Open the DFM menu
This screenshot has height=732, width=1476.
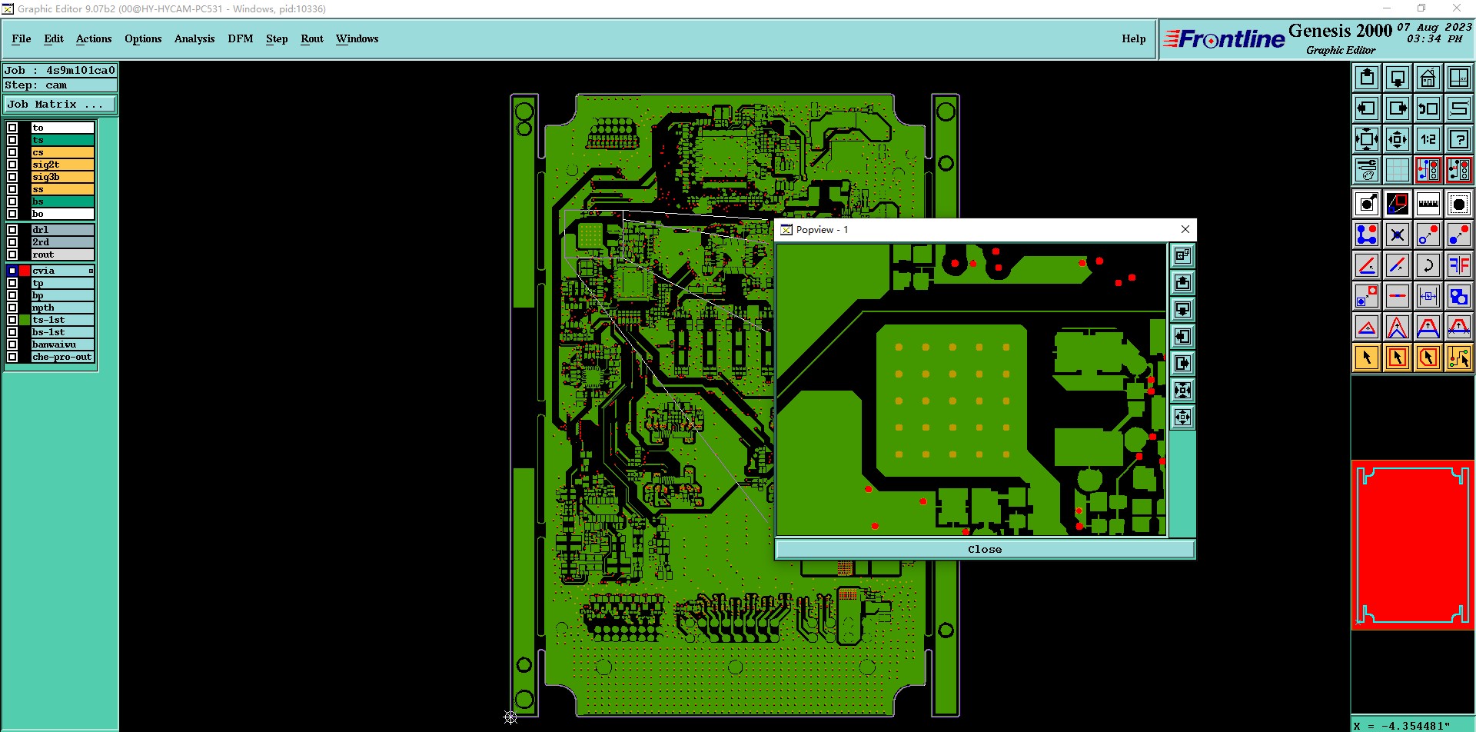[240, 38]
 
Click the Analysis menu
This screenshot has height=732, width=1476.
[194, 38]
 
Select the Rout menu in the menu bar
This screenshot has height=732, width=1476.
[312, 38]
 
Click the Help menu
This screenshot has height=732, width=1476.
[1133, 38]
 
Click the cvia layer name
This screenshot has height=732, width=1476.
[44, 271]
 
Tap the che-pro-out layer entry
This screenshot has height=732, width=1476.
[62, 357]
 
